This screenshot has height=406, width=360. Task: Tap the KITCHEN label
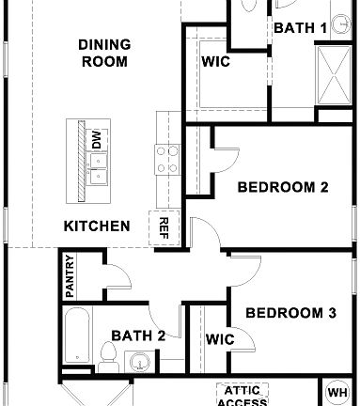(96, 226)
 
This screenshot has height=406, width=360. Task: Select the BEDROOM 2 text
(282, 187)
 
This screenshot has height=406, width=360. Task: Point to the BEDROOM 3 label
(290, 313)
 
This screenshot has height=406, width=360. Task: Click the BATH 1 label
(300, 28)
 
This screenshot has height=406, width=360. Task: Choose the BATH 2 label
(138, 335)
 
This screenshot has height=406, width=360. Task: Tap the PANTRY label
(70, 275)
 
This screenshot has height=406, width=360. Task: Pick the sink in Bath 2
(140, 362)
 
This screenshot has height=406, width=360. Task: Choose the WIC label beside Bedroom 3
(219, 339)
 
